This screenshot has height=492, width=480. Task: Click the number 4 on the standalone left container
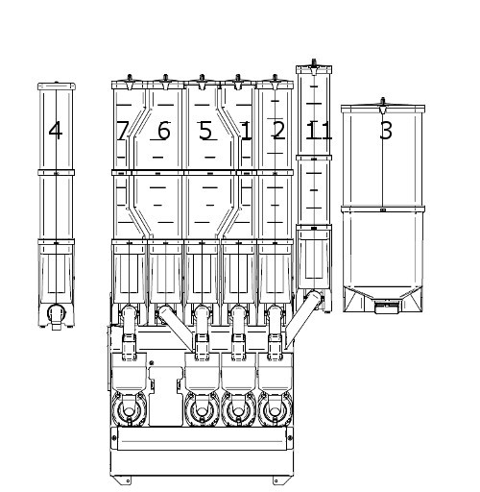[x=56, y=131]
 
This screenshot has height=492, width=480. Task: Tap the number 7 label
[x=122, y=131]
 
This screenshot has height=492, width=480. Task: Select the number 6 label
[x=164, y=131]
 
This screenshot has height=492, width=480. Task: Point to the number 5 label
[x=205, y=131]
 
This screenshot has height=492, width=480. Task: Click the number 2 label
[x=277, y=130]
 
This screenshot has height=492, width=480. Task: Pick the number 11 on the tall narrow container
[x=319, y=131]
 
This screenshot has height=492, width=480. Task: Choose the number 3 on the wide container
[x=386, y=131]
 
